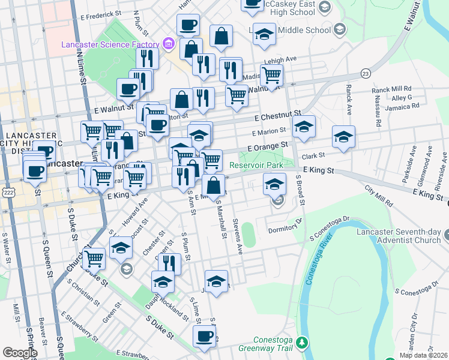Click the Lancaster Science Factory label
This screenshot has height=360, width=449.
coord(110,44)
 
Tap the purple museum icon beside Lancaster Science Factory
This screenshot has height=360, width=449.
coord(168,44)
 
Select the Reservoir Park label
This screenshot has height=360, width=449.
coord(256,164)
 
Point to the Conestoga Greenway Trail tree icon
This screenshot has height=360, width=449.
coord(303,343)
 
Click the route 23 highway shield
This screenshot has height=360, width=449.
coord(365,73)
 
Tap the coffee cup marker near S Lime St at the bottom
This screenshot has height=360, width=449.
coord(204,336)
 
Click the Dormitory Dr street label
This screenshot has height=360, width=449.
coord(283,228)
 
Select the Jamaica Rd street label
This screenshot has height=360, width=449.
coord(402,107)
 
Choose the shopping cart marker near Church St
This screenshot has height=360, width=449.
coord(94,259)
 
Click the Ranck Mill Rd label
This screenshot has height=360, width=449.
coord(391,89)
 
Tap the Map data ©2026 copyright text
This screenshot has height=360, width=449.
coord(423,355)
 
